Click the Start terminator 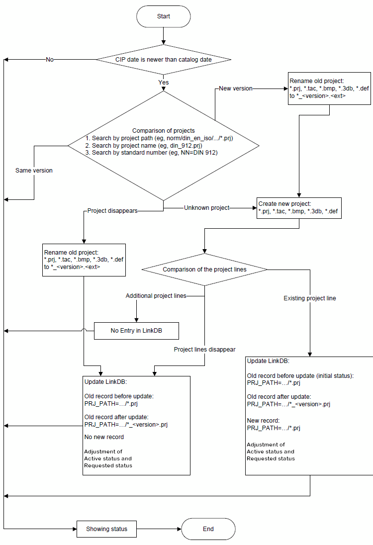(x=163, y=16)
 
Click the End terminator (x=208, y=529)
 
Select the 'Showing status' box (x=106, y=529)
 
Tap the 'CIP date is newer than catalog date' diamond (x=163, y=60)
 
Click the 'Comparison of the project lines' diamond (x=204, y=270)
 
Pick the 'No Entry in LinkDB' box (x=136, y=331)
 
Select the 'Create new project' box (x=298, y=208)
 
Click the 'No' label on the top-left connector (x=50, y=60)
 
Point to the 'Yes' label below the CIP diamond (x=163, y=83)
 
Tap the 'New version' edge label (x=236, y=89)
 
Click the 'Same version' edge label (x=34, y=171)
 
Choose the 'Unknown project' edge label (x=207, y=208)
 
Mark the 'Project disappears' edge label (x=112, y=210)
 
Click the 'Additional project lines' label (x=156, y=296)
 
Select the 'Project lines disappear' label (x=204, y=350)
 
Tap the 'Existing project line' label (x=310, y=298)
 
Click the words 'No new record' (x=104, y=437)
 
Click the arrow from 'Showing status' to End (x=159, y=529)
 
